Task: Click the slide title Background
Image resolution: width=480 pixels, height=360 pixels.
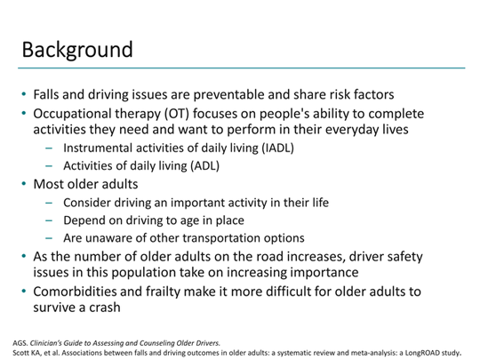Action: point(77,50)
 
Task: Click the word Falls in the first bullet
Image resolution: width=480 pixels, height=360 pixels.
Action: point(46,94)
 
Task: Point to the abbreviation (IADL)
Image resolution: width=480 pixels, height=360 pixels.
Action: point(277,148)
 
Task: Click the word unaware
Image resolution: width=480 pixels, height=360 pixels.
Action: point(108,238)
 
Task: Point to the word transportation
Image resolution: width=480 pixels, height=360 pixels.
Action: point(204,238)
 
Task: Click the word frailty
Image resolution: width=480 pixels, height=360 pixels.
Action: point(163,292)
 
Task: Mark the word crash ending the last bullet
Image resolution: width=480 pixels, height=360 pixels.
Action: point(105,308)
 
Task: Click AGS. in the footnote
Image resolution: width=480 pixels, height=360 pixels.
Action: point(20,343)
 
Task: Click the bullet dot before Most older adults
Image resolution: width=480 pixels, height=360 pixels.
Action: point(24,184)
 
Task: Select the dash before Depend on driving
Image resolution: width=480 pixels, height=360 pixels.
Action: point(49,220)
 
